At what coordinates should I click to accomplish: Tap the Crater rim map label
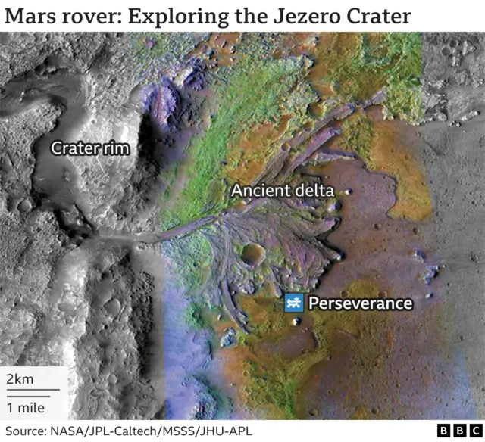click(x=90, y=148)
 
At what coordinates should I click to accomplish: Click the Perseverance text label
click(x=360, y=303)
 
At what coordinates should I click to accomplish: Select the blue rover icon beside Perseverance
click(x=293, y=303)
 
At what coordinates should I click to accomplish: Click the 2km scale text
click(x=20, y=378)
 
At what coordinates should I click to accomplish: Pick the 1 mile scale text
click(x=25, y=407)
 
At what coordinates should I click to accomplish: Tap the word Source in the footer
click(x=23, y=431)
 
